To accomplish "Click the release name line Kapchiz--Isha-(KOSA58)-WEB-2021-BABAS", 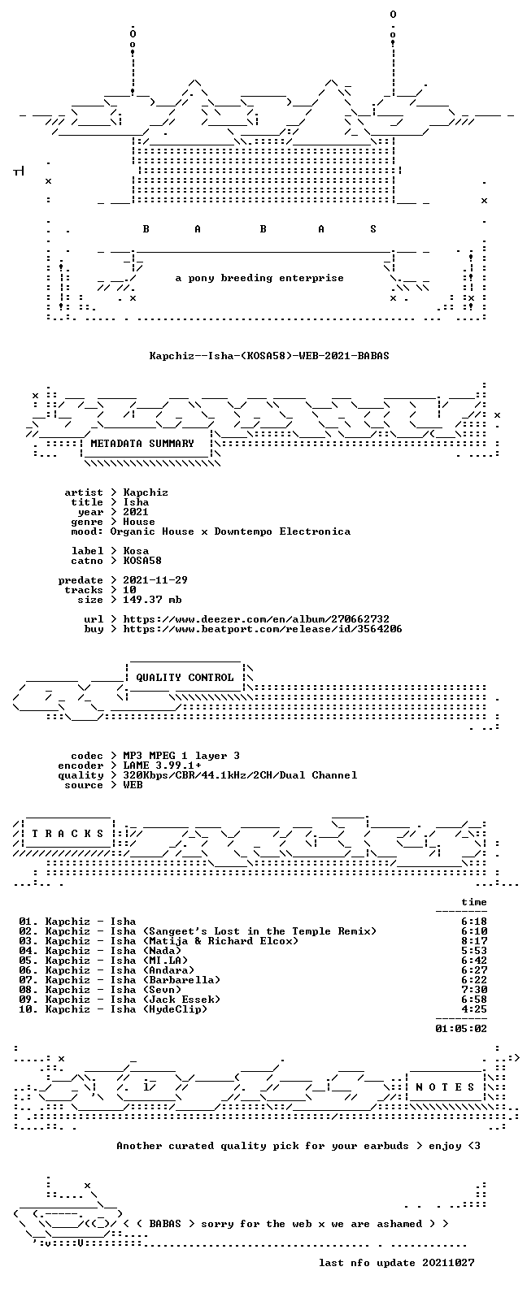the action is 269,355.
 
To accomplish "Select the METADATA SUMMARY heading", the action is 142,444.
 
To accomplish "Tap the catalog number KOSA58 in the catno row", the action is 142,561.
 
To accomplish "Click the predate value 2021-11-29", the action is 155,580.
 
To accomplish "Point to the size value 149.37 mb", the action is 152,600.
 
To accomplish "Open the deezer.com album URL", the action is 256,619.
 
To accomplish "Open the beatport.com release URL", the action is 263,629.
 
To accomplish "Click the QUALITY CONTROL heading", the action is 185,678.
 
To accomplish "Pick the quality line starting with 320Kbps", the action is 240,775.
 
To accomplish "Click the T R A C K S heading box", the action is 68,833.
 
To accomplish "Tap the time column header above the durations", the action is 473,902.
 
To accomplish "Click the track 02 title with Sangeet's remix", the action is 211,931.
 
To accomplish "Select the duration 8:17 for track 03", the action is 473,941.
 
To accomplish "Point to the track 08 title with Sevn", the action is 113,990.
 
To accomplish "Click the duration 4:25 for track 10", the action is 473,1009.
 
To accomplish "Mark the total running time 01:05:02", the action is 461,1029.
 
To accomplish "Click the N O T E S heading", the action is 445,1087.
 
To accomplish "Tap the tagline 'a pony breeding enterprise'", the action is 259,278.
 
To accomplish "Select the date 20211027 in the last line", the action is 448,1263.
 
